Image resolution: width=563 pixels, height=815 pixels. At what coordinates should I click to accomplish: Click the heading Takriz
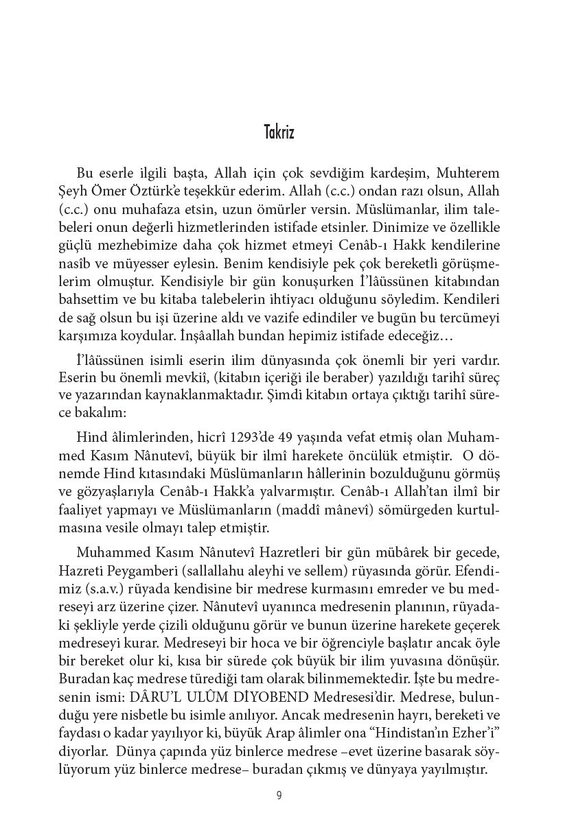[x=279, y=132]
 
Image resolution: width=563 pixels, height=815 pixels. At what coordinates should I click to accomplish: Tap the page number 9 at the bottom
[x=279, y=796]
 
